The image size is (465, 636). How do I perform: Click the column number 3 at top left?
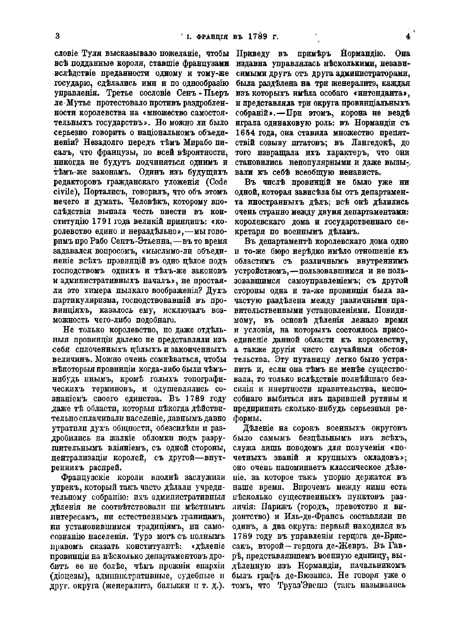click(x=58, y=36)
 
